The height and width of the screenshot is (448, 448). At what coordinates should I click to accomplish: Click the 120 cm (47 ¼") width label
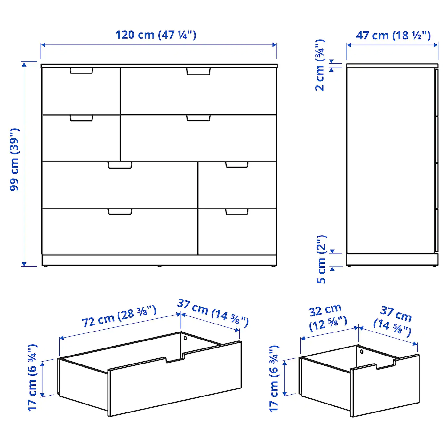pos(156,35)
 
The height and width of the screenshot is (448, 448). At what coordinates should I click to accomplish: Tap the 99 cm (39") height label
pos(14,159)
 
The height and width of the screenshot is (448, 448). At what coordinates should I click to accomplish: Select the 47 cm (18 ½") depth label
pos(393,36)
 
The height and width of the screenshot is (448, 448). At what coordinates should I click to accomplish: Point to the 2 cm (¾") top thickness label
pos(320,65)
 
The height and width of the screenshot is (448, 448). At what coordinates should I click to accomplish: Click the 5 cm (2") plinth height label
pos(322,259)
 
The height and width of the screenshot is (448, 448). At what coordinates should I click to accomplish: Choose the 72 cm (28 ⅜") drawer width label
pos(119,317)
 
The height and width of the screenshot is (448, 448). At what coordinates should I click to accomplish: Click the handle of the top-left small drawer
pos(81,71)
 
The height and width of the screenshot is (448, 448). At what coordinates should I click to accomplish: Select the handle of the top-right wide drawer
pos(198,71)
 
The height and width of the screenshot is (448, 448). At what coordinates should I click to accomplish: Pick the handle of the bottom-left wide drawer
pos(120,212)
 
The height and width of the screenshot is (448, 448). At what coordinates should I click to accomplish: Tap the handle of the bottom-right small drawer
pos(237,212)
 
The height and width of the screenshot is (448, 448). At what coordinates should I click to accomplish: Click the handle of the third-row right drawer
pos(237,164)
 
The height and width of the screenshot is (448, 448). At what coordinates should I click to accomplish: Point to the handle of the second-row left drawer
pos(81,118)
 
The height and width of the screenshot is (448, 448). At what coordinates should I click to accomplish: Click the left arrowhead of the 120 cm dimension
pos(43,45)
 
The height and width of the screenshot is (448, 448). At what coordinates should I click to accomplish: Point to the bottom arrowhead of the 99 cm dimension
pos(24,264)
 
